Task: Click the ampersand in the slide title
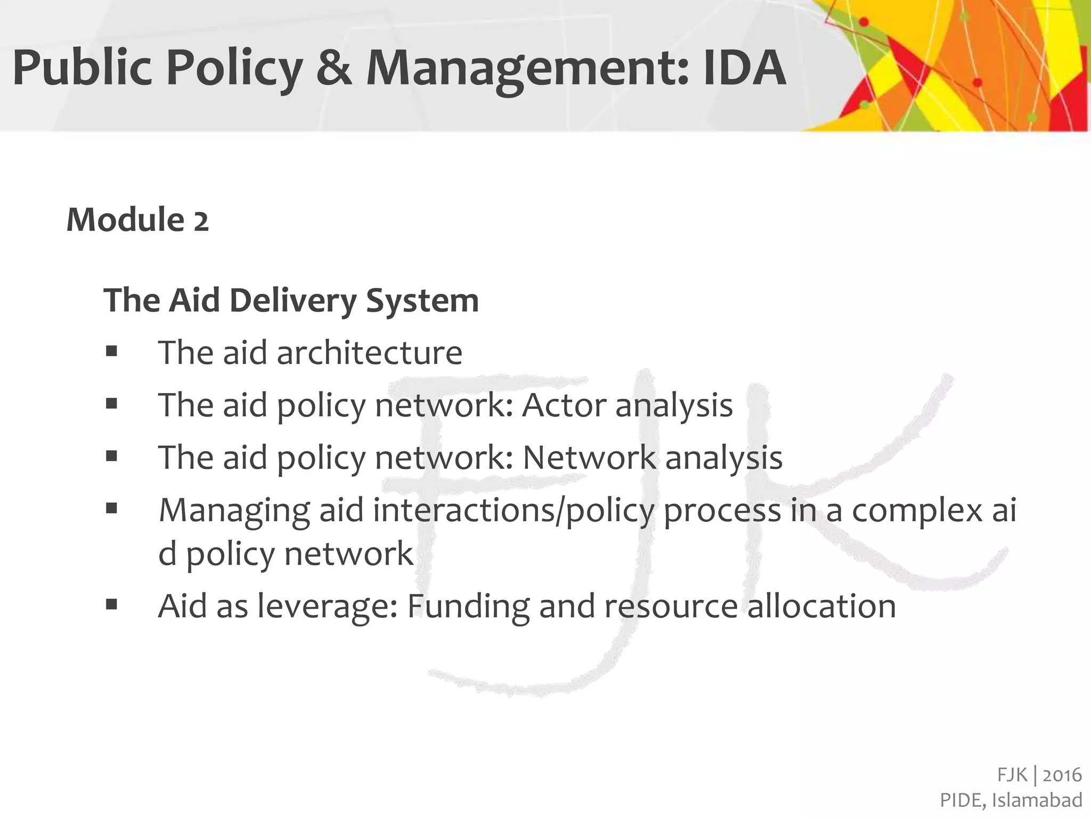tap(334, 68)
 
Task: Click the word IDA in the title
tap(744, 68)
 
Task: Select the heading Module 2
tap(137, 220)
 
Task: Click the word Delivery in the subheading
tap(293, 300)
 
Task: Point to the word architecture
tap(369, 353)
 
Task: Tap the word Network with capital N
tap(590, 457)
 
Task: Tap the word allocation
tap(821, 606)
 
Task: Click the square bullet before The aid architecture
tap(111, 351)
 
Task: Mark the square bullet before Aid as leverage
tap(111, 605)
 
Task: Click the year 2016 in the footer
tap(1062, 775)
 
